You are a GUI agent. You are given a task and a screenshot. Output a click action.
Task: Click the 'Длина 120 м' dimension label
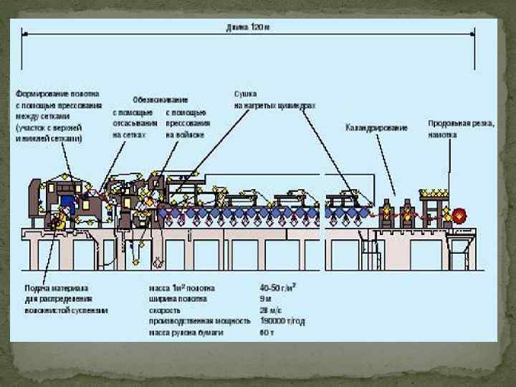click(247, 27)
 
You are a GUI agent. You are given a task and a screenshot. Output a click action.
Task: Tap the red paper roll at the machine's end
click(458, 214)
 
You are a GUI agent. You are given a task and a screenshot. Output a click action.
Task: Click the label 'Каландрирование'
click(376, 128)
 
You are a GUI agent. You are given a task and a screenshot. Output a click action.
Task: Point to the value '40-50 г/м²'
click(278, 288)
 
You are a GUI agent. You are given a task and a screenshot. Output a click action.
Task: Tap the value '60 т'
click(266, 333)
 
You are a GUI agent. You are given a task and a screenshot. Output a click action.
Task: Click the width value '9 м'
click(264, 300)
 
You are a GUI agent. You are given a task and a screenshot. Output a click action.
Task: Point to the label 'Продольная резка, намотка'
click(461, 128)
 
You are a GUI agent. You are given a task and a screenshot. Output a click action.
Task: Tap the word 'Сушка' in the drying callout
click(245, 94)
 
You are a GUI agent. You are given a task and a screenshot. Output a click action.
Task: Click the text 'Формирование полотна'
click(58, 93)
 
